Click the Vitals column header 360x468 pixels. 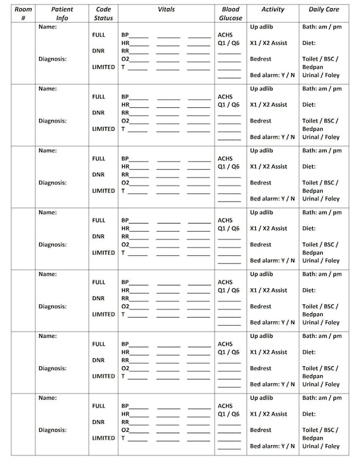[x=166, y=9]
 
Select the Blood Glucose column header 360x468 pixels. [x=231, y=13]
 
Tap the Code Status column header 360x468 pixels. [x=103, y=13]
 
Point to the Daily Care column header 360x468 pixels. [x=326, y=9]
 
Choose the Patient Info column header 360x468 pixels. [x=62, y=13]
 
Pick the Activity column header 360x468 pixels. [x=272, y=9]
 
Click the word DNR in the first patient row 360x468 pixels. [x=98, y=51]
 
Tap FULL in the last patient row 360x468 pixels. [x=99, y=406]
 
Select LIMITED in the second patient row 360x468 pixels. [x=104, y=129]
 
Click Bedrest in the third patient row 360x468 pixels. [x=260, y=183]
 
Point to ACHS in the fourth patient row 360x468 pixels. [x=225, y=221]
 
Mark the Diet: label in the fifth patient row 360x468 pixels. [x=309, y=291]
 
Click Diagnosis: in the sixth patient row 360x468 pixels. [x=52, y=368]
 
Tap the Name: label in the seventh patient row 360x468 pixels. [x=47, y=398]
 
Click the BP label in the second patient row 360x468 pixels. [x=125, y=97]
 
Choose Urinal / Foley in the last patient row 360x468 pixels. [x=321, y=446]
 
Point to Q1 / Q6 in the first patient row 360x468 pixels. [x=228, y=43]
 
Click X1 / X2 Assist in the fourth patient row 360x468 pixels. [x=268, y=229]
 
